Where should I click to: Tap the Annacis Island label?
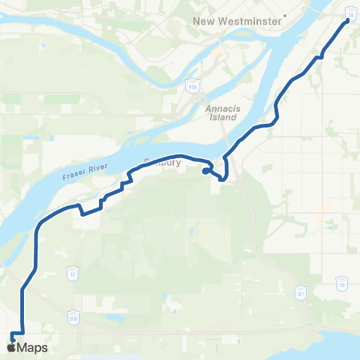[x=221, y=112]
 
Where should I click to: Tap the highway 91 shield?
[x=300, y=289]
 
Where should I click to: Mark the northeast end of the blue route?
[x=347, y=22]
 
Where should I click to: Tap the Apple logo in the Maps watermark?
[x=10, y=347]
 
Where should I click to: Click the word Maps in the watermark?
[x=33, y=347]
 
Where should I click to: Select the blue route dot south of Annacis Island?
[x=205, y=170]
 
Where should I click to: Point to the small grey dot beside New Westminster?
[x=285, y=21]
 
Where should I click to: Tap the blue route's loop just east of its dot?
[x=222, y=175]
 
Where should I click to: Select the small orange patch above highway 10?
[x=327, y=209]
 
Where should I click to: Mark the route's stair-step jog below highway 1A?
[x=320, y=55]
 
